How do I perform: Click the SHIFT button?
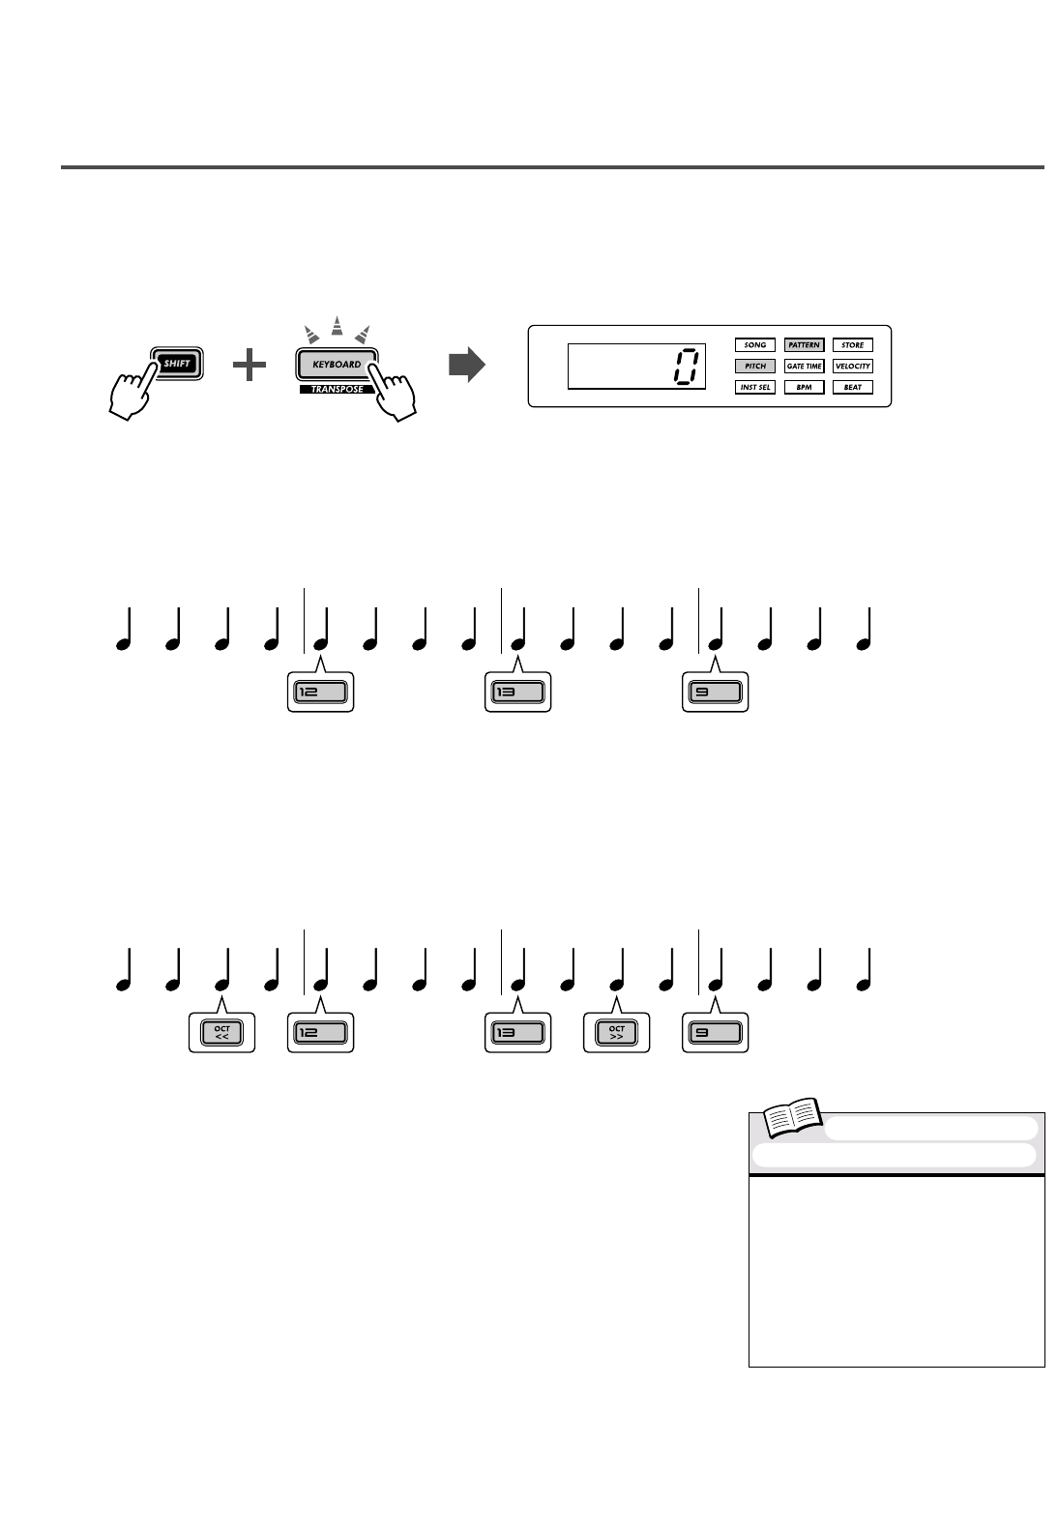coord(176,364)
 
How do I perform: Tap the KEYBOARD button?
coord(336,365)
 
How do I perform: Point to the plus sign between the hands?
coord(250,366)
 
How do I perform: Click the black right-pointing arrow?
coord(466,366)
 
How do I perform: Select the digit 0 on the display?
coord(685,366)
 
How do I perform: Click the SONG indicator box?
coord(754,344)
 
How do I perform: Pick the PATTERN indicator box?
coord(804,344)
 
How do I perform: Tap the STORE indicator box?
coord(852,344)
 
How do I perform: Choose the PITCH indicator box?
coord(754,366)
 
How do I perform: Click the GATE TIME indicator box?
coord(804,366)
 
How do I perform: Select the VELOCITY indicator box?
coord(852,366)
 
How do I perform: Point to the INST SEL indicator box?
coord(754,387)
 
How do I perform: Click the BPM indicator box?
coord(804,387)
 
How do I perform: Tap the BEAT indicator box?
coord(852,387)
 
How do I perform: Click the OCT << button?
coord(222,1033)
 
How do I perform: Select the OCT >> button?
coord(617,1033)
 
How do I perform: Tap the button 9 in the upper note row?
coord(715,692)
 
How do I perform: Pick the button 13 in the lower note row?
coord(517,1033)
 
